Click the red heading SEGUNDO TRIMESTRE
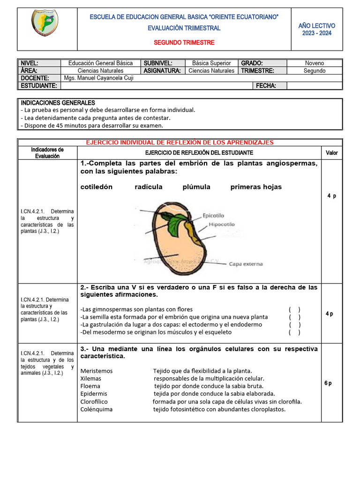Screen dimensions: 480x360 (184, 43)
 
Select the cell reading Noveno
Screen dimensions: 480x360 (314, 63)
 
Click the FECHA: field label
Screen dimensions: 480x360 (266, 86)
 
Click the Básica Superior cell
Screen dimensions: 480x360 (211, 63)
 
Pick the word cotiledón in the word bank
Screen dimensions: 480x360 (97, 187)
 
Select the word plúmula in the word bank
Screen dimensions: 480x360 (196, 187)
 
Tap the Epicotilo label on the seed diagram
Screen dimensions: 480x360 (213, 216)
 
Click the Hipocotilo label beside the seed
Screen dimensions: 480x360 (221, 225)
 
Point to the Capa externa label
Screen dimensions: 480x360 (246, 264)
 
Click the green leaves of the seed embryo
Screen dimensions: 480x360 (176, 224)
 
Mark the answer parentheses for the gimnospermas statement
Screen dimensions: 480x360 (295, 309)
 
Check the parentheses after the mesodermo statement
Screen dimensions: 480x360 (295, 332)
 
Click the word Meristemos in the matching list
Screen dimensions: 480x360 (97, 371)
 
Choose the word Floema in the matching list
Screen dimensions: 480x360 (90, 386)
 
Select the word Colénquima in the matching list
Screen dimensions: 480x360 (97, 409)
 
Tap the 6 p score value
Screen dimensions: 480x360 (328, 383)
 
